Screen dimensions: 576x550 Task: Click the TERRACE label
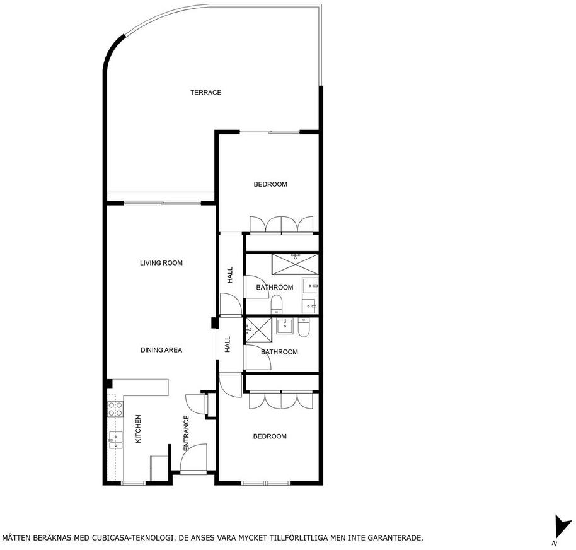(x=205, y=92)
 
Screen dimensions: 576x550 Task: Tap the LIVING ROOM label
(x=161, y=263)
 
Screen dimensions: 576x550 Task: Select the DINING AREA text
(x=161, y=350)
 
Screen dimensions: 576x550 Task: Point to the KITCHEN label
(x=138, y=429)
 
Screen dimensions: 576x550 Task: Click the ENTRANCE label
(x=186, y=433)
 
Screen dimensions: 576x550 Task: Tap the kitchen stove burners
(x=115, y=409)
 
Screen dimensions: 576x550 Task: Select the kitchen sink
(x=115, y=440)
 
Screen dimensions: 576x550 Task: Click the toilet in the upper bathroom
(x=276, y=305)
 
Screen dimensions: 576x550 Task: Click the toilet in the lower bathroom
(x=304, y=327)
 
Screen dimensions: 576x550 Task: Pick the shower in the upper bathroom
(x=295, y=264)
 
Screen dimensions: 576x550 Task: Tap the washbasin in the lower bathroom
(x=284, y=325)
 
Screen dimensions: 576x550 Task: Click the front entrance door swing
(x=193, y=457)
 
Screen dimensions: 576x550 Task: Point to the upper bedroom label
(x=270, y=184)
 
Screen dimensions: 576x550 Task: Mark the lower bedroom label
(x=270, y=436)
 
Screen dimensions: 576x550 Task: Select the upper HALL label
(x=230, y=275)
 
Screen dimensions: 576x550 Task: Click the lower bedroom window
(x=265, y=483)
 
